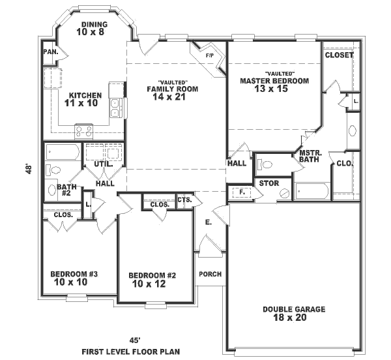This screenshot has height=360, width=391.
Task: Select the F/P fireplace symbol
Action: [209, 55]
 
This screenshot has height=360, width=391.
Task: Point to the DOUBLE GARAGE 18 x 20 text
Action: [294, 314]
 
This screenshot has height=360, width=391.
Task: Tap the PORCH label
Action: [210, 274]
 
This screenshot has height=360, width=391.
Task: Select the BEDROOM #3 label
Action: [74, 278]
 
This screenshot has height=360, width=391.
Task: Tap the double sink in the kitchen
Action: [115, 108]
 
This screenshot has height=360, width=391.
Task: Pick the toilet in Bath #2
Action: [53, 171]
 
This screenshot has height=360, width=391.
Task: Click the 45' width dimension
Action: [134, 340]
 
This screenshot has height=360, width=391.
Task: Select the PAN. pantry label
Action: [50, 52]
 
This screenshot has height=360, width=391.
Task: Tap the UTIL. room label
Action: [104, 164]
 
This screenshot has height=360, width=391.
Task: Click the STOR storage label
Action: [269, 183]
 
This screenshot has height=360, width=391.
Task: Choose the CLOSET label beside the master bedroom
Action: [339, 55]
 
